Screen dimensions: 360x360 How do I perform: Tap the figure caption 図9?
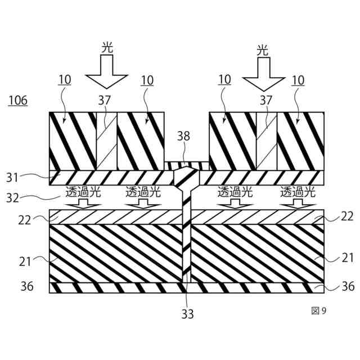tap(318, 310)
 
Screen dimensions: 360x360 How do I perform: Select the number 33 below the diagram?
tap(187, 314)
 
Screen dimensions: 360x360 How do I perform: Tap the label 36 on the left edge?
tap(28, 287)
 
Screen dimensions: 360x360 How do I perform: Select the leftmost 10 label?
tap(65, 80)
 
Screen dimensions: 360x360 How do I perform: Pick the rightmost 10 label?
tap(298, 80)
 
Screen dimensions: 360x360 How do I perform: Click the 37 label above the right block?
tap(265, 100)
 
